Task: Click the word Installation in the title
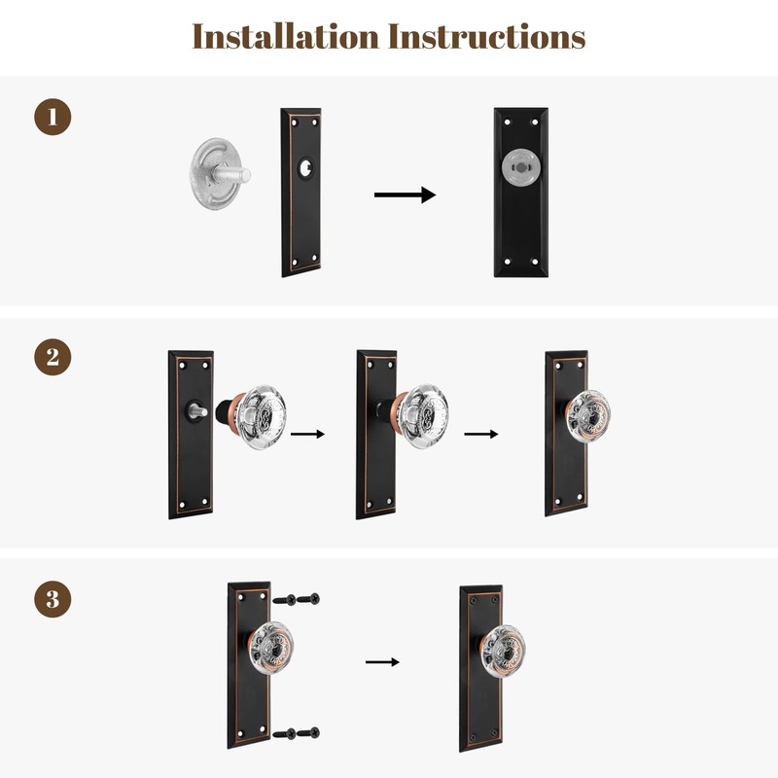285,36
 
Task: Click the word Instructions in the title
486,36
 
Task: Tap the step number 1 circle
53,117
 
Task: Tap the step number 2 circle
53,357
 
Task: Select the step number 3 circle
53,599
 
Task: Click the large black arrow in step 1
405,195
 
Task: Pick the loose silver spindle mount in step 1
219,174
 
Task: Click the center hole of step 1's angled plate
305,167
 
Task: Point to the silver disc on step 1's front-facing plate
520,167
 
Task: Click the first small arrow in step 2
307,434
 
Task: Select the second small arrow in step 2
481,434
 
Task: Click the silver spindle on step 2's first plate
197,410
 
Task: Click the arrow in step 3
382,662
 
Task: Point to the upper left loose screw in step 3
284,599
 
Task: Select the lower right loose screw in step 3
308,732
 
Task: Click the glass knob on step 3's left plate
270,648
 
